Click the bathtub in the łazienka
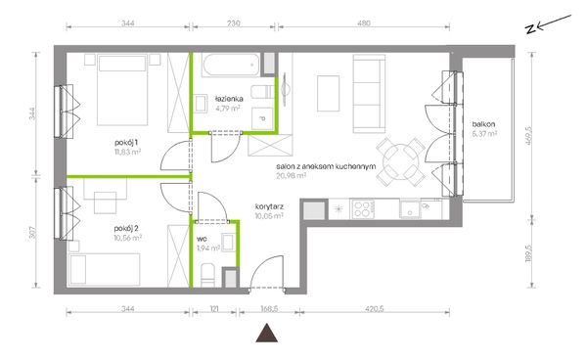point(231,65)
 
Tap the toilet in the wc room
point(207,275)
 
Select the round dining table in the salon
point(400,161)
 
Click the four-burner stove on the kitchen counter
point(362,209)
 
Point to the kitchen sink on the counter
point(410,209)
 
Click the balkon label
point(483,124)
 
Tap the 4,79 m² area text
point(228,109)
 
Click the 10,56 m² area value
point(127,238)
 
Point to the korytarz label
point(269,206)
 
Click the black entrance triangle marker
point(266,333)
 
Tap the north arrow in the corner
point(549,24)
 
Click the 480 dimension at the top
point(364,23)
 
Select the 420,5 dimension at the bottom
point(374,309)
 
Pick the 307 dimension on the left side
point(33,233)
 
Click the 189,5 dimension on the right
point(528,253)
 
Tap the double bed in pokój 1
point(122,90)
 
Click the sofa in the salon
point(369,94)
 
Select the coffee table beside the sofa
point(329,94)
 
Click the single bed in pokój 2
point(105,270)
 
